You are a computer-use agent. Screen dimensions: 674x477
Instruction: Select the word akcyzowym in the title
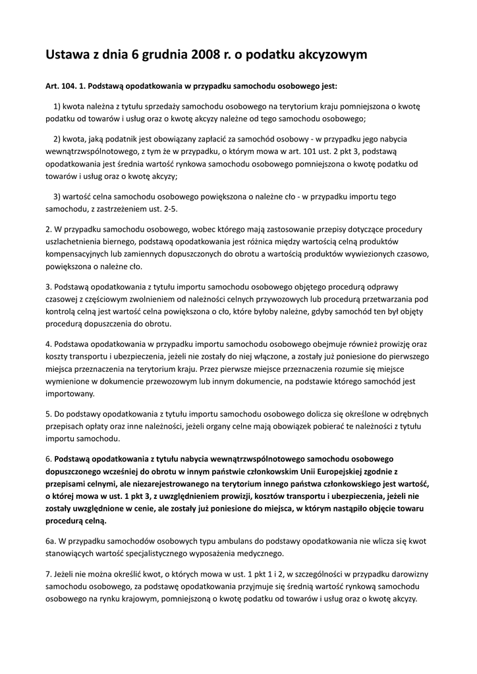pos(329,55)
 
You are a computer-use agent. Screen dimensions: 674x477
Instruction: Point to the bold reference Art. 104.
pos(60,86)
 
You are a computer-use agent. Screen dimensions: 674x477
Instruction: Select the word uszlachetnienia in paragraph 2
pos(78,242)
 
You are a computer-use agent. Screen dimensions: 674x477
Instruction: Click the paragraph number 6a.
pos(50,540)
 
